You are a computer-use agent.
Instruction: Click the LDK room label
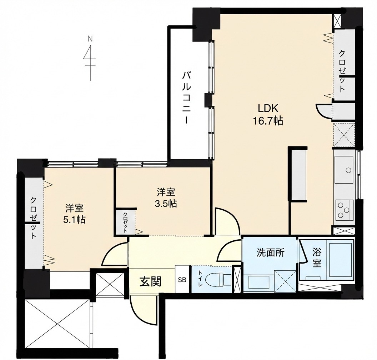click(268, 109)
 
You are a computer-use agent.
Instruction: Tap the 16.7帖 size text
click(268, 121)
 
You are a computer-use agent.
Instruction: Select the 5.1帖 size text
click(74, 219)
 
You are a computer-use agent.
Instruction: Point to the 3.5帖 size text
click(166, 204)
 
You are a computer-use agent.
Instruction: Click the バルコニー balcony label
click(186, 97)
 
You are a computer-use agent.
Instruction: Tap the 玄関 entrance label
click(151, 281)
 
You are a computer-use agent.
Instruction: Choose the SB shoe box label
click(182, 280)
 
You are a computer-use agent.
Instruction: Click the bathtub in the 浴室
click(340, 260)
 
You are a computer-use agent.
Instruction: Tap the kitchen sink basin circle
click(348, 170)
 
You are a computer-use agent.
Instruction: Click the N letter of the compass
click(90, 38)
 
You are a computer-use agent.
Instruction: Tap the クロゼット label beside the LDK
click(342, 71)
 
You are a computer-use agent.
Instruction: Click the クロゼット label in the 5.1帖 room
click(34, 218)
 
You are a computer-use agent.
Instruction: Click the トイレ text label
click(201, 279)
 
